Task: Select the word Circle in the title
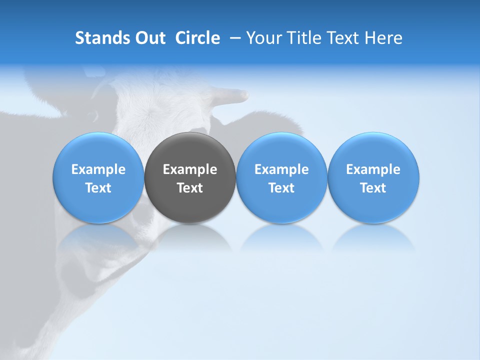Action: pyautogui.click(x=197, y=38)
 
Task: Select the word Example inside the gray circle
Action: pyautogui.click(x=190, y=169)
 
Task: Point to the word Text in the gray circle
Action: pyautogui.click(x=190, y=188)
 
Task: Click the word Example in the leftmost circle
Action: pyautogui.click(x=98, y=169)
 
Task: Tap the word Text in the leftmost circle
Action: pyautogui.click(x=98, y=188)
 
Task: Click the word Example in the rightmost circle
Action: pyautogui.click(x=373, y=169)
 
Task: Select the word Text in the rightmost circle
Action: pyautogui.click(x=373, y=188)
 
